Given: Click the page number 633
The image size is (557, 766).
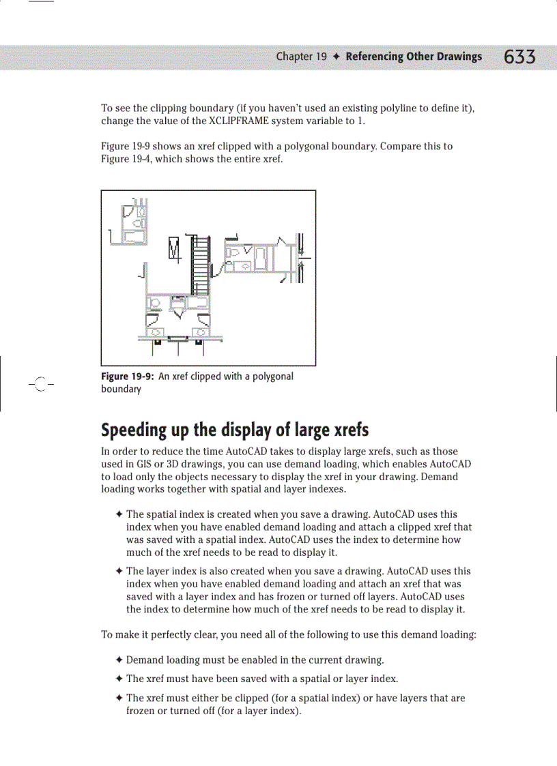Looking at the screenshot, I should pos(519,57).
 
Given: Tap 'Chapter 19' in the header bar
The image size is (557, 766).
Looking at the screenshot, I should pos(301,57).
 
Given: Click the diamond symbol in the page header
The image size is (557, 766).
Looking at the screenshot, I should pos(337,57).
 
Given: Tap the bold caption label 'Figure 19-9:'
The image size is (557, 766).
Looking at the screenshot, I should pos(128,377).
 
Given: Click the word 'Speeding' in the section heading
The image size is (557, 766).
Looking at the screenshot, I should pos(134,430).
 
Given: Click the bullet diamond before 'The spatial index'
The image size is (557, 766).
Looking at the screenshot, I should pos(119,515).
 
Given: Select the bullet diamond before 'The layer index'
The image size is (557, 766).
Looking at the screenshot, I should pos(119,572).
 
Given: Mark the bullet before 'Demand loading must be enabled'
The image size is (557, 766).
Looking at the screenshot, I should pos(119,660).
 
